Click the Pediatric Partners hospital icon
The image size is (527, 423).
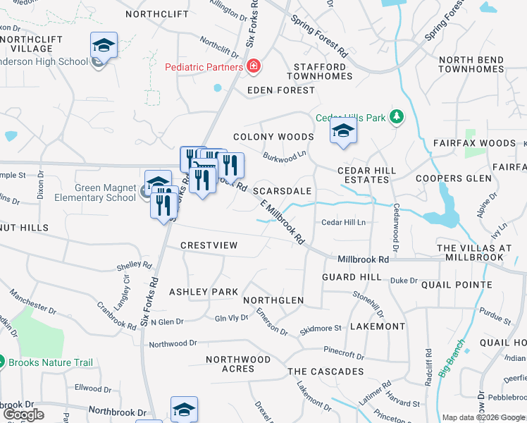pyautogui.click(x=253, y=67)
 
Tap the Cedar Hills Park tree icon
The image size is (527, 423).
pyautogui.click(x=397, y=117)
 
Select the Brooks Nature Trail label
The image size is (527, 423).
pyautogui.click(x=51, y=363)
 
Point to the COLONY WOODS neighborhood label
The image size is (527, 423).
pyautogui.click(x=273, y=137)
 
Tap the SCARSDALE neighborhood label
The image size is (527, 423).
pyautogui.click(x=282, y=192)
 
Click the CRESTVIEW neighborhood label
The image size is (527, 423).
pyautogui.click(x=209, y=245)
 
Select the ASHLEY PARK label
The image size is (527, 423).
pyautogui.click(x=204, y=292)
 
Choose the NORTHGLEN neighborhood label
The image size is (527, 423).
pyautogui.click(x=273, y=300)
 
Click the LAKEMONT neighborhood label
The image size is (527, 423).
pyautogui.click(x=378, y=326)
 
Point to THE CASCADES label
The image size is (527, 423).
pyautogui.click(x=325, y=372)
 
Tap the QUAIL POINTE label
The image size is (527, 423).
pyautogui.click(x=457, y=285)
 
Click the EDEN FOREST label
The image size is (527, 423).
pyautogui.click(x=282, y=90)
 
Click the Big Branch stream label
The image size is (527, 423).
pyautogui.click(x=451, y=357)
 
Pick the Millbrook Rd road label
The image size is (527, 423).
pyautogui.click(x=363, y=259)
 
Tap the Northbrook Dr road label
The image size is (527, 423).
pyautogui.click(x=118, y=412)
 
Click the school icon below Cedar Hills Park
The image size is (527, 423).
pyautogui.click(x=343, y=132)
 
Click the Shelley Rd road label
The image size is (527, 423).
pyautogui.click(x=135, y=267)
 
